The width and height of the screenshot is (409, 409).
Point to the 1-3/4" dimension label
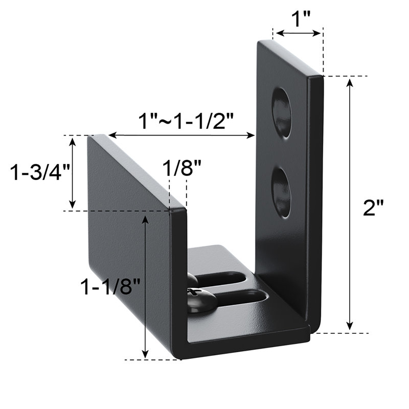click(x=35, y=172)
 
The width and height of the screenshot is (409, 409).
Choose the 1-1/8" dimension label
click(x=110, y=287)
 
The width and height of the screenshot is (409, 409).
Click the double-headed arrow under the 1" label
click(x=298, y=34)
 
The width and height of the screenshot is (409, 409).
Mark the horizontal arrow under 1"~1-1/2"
click(x=182, y=135)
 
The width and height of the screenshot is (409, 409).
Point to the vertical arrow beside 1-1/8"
click(x=146, y=286)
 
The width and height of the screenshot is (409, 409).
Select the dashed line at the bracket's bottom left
click(x=153, y=359)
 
